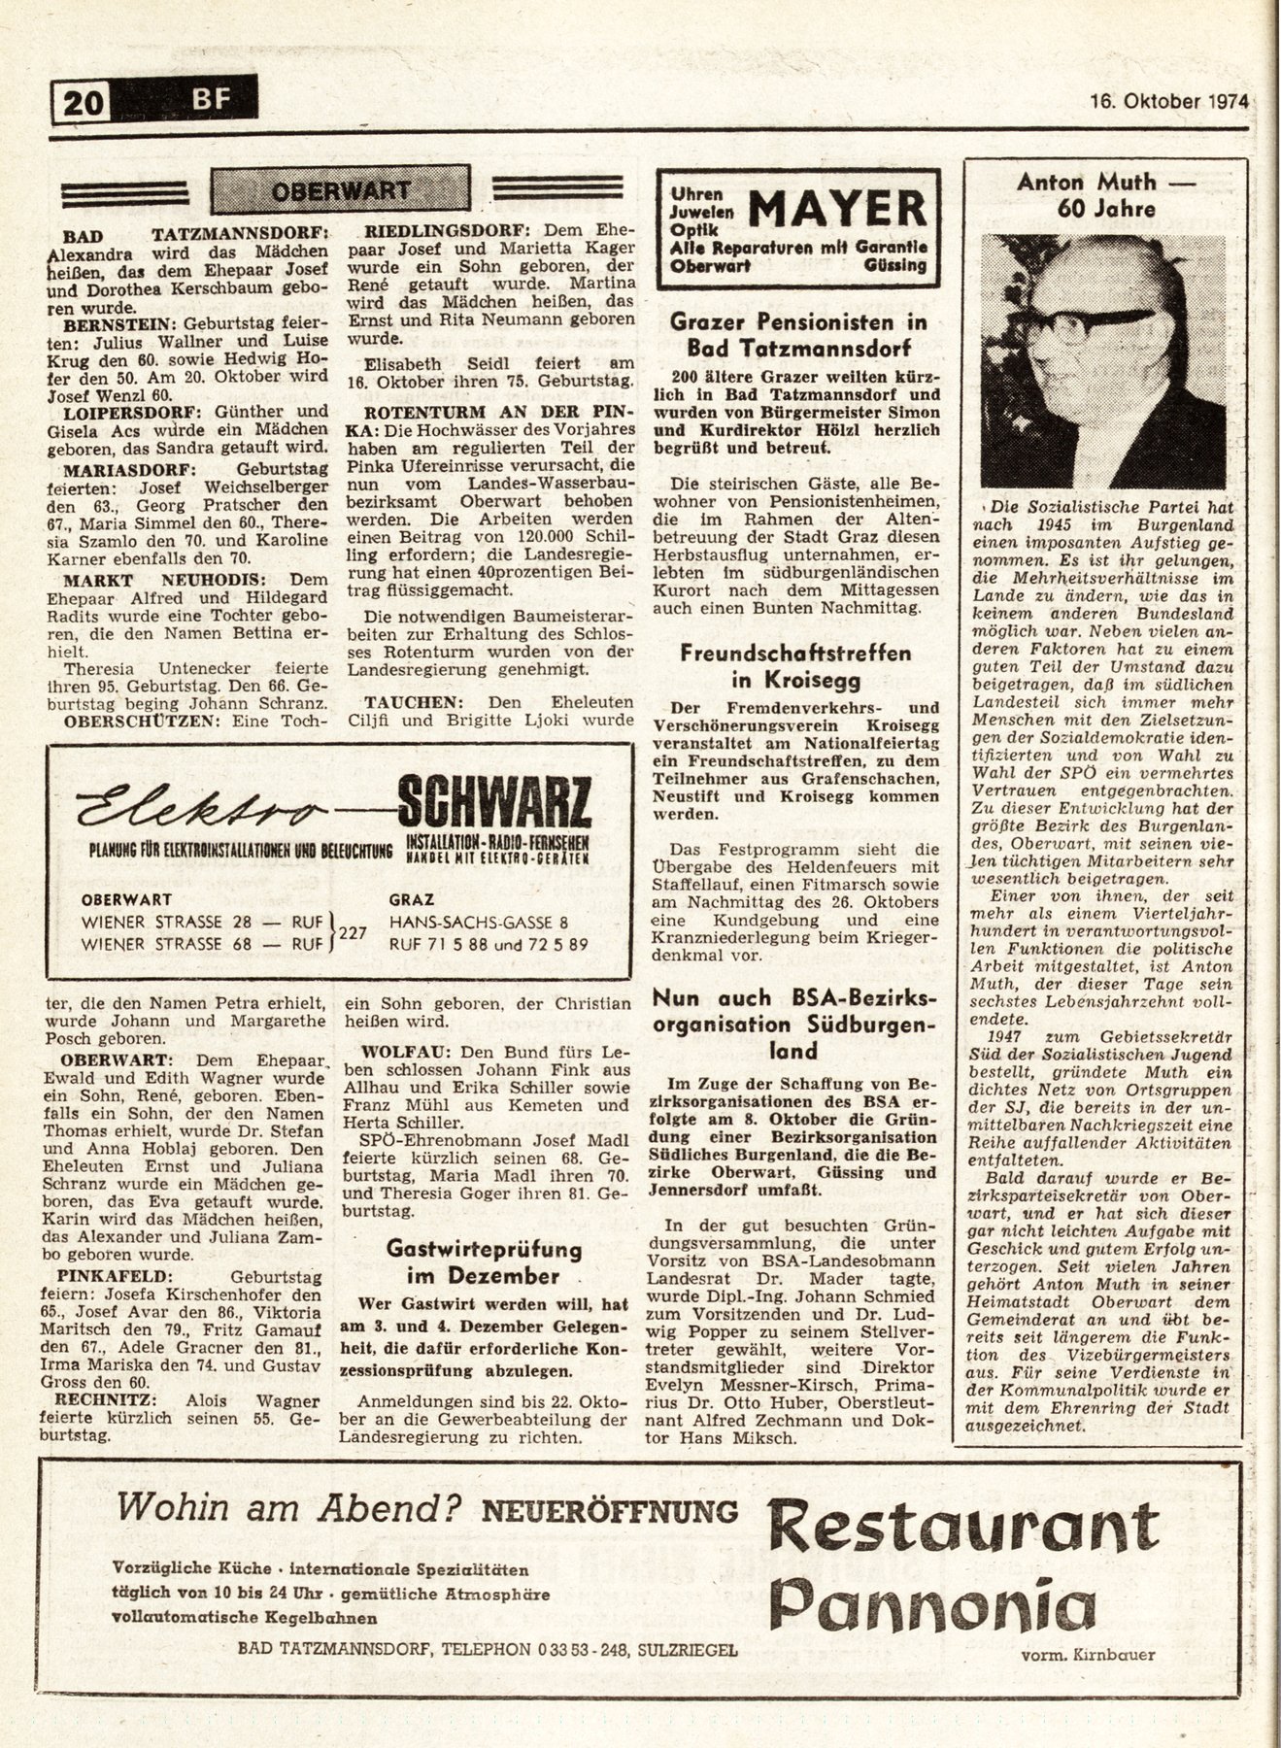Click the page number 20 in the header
point(83,100)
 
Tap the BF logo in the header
point(206,97)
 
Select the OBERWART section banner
point(340,189)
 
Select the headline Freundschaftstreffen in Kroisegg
point(796,665)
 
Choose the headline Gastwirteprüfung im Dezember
point(483,1261)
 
